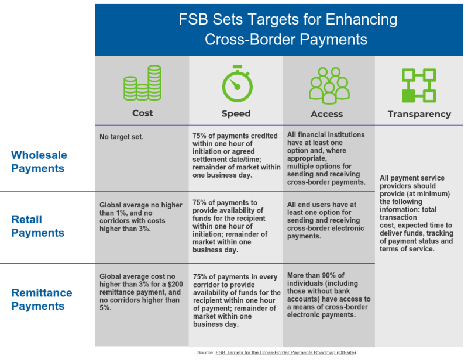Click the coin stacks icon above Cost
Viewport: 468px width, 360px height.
[x=142, y=83]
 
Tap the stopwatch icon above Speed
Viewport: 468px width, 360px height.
[x=236, y=84]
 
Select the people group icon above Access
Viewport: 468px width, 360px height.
[x=329, y=84]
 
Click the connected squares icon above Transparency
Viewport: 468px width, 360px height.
[x=419, y=85]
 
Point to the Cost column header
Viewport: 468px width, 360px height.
[x=142, y=113]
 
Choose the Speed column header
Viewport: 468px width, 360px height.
[x=236, y=113]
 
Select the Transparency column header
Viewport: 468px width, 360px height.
[x=419, y=114]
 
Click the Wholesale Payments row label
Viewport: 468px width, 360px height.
[x=39, y=162]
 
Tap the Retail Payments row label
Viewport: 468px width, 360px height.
[x=38, y=226]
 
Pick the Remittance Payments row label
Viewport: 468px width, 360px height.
[x=42, y=299]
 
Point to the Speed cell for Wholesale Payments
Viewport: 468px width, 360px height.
[x=235, y=155]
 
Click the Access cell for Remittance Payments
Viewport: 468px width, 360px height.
[x=328, y=295]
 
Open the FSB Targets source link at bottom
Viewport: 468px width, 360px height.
[x=285, y=353]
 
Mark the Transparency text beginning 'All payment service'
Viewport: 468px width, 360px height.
[x=416, y=213]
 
